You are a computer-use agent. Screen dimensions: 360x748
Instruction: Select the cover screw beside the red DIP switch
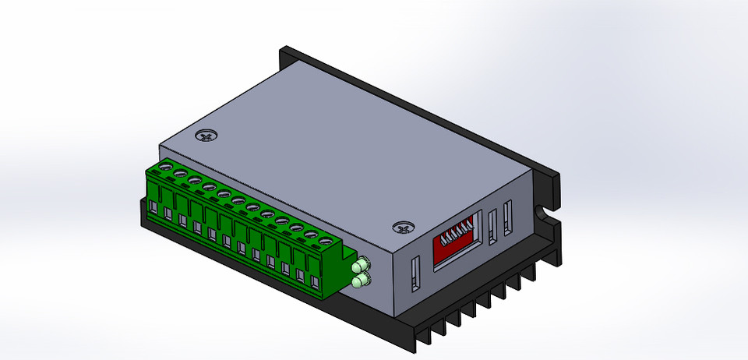click(x=402, y=228)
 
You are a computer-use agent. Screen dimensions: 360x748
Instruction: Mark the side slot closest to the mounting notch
click(x=508, y=217)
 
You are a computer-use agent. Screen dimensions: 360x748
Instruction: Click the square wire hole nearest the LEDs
click(x=315, y=281)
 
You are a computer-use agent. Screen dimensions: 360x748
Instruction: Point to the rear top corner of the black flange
click(x=282, y=49)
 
